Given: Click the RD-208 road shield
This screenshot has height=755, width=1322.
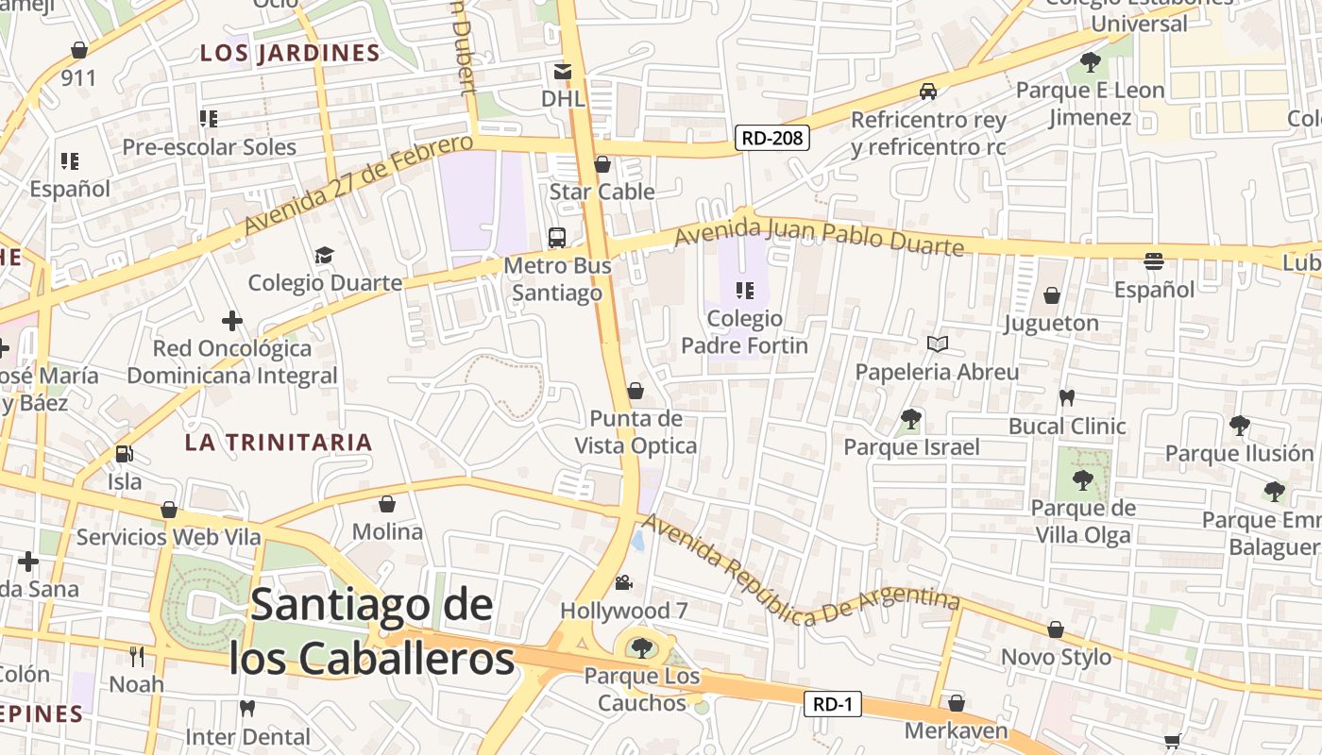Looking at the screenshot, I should coord(772,139).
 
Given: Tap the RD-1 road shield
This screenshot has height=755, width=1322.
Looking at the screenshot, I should coord(833,704).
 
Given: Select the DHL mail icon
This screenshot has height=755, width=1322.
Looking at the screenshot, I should coord(563,71).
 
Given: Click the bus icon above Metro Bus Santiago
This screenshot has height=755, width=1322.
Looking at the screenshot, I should coord(557,237).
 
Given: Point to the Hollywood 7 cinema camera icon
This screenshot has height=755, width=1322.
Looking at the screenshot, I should coord(623,582).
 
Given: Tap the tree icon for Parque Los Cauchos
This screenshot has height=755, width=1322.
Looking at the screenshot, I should coord(642,647).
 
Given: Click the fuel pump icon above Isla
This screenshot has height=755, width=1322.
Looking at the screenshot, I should coord(124,454).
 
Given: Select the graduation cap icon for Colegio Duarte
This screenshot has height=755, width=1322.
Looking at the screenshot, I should coord(325,255).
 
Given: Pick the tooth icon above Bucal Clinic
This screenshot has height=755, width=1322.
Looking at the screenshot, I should coord(1067,398).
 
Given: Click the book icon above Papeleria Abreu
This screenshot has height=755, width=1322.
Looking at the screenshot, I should coord(937,344).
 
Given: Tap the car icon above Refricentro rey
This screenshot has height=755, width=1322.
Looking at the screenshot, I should coord(928,92).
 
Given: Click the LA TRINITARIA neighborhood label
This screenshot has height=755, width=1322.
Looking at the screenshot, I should coord(279,443).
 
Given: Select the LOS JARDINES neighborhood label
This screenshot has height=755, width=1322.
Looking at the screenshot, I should coord(290,54).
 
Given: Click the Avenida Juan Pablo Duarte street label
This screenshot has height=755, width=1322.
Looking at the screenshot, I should coord(819,236).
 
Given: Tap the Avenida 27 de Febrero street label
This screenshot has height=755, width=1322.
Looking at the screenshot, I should coord(358,185).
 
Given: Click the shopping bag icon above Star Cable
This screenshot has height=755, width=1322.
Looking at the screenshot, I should coord(602,165).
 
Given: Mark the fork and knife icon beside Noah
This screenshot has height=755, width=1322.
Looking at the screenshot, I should coord(137,656).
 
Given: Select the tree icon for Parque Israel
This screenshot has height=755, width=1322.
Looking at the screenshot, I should coord(911,418).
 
